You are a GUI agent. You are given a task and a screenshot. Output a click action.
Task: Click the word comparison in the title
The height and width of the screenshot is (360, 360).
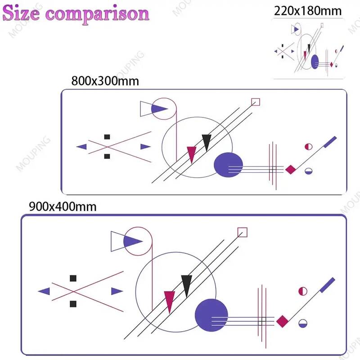coord(98,14)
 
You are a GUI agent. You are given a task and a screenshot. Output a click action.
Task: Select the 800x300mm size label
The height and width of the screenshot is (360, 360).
coord(104,81)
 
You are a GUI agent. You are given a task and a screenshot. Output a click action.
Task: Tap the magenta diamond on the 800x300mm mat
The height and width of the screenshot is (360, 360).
coord(290,169)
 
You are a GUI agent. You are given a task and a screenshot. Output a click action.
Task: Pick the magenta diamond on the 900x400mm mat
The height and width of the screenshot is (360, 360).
coord(282,321)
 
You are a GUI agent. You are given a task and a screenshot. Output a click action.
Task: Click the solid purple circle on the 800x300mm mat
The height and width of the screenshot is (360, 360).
coord(228,165)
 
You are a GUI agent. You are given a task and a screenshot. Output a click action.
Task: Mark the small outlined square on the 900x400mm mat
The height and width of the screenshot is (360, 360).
coord(243,232)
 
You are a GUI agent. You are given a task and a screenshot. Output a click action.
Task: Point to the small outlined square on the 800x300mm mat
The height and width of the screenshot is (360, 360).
coord(256,102)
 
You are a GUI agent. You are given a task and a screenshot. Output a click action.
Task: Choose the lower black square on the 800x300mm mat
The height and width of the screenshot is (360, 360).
coord(107,156)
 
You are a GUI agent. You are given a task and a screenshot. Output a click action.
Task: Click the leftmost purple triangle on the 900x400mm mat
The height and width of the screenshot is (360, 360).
coord(45,291)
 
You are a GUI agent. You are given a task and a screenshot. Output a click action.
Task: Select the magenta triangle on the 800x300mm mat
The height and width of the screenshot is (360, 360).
coord(191,153)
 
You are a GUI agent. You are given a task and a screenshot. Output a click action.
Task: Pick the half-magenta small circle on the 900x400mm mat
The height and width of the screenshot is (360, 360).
coord(302,291)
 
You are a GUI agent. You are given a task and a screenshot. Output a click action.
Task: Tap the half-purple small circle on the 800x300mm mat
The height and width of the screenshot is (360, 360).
coord(308,171)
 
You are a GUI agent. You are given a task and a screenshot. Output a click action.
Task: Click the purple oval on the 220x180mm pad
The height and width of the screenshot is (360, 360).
coord(315,62)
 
